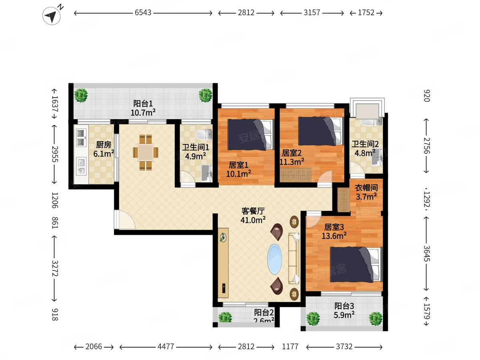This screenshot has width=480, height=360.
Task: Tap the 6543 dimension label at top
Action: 143,13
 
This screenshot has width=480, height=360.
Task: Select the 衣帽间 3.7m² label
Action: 366,192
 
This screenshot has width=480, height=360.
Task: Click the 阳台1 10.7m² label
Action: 143,108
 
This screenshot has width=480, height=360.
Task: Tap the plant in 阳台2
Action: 225,317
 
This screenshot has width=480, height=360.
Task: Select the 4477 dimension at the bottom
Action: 166,347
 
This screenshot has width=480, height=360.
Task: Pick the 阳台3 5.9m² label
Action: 344,310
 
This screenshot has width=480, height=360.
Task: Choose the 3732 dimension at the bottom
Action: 344,347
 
